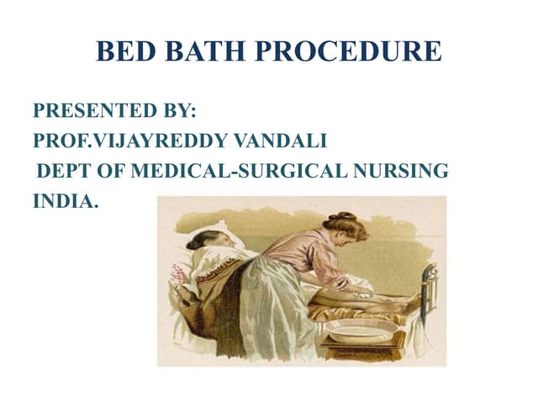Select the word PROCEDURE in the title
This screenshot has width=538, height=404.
tap(348, 51)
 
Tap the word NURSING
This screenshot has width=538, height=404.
tap(400, 172)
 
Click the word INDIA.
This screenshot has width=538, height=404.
tap(66, 203)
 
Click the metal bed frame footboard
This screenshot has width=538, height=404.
tap(430, 286)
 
